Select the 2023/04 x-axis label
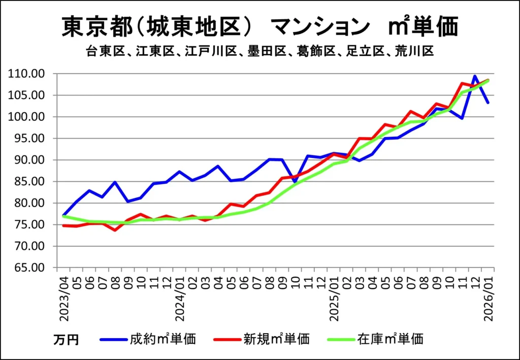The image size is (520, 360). coord(64,298)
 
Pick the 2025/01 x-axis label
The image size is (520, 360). coord(334,298)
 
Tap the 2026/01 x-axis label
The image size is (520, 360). coord(489,298)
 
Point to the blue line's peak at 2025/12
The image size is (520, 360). coord(475,76)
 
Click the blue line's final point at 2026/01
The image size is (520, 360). coord(488,103)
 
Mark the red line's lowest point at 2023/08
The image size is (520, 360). coord(116,230)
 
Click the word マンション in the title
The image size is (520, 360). coord(320,26)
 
